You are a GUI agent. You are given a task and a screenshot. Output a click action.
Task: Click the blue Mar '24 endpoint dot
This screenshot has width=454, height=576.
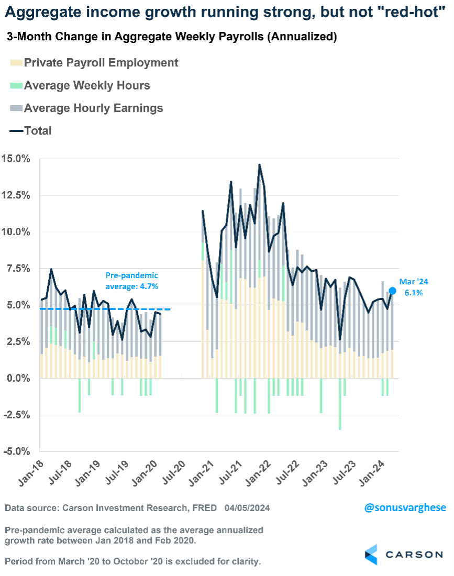pos(392,291)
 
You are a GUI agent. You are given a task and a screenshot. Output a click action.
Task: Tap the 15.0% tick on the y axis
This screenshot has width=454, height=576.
pos(17,159)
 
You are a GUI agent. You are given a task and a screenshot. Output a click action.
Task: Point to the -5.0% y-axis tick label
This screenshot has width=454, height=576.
pos(17,451)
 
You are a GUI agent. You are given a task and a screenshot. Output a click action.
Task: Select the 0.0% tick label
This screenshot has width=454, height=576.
pos(19,378)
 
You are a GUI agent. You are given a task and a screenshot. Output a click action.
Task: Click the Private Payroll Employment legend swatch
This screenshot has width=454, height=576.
pos(16,63)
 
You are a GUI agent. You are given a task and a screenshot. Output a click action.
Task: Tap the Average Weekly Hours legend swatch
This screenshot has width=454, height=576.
pos(16,85)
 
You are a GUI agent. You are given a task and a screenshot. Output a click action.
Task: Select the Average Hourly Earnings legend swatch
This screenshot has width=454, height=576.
pos(16,108)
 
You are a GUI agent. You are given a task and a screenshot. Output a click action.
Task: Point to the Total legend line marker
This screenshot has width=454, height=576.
pos(16,131)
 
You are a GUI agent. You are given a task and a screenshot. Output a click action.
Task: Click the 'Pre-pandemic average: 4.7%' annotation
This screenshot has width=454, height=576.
pos(131,281)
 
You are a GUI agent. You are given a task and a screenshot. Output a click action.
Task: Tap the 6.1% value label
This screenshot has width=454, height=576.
pos(413,293)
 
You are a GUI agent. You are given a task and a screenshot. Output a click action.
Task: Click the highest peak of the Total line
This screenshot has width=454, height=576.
pos(259,165)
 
